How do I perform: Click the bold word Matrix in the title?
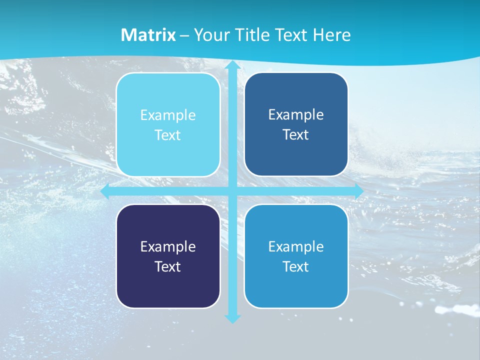point(148,35)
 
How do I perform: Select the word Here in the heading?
point(331,35)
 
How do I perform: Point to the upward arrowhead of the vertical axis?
point(232,64)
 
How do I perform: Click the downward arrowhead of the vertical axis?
point(232,318)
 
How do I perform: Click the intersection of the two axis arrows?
point(232,191)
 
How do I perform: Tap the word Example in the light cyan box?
point(168,115)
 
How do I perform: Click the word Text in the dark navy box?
point(168,266)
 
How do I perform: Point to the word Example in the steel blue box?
point(296,114)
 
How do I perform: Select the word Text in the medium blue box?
point(296,266)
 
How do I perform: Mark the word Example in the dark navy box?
point(168,246)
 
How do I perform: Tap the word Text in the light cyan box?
point(168,135)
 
